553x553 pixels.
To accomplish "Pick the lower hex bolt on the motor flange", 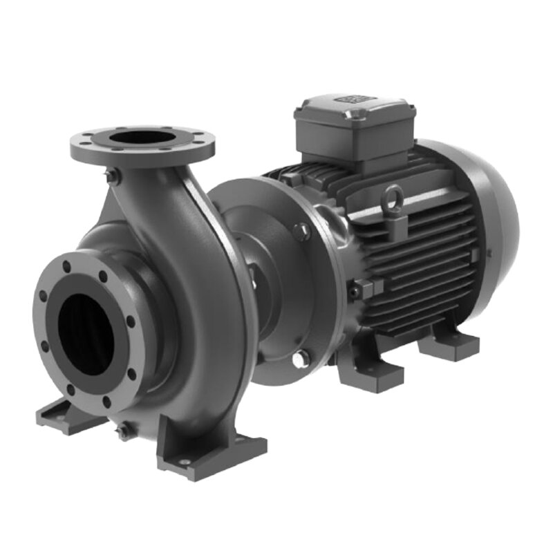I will coord(300,358).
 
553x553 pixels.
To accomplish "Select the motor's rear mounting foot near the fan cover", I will coord(449,342).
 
